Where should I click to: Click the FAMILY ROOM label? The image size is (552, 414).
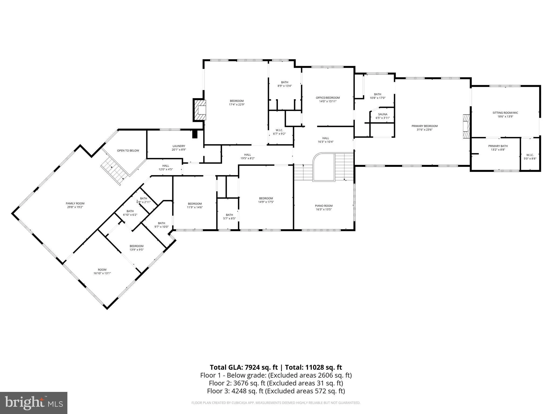[x=75, y=203]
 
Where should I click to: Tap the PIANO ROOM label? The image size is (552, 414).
[x=324, y=206]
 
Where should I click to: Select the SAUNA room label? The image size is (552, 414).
[x=382, y=114]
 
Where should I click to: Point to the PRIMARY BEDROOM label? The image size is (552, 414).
[x=425, y=126]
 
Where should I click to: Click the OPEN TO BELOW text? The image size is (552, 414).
[x=128, y=150]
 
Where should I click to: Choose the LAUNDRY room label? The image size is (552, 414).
[x=179, y=146]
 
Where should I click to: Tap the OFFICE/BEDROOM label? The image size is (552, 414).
[x=328, y=98]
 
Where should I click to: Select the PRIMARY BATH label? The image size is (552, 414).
[x=498, y=146]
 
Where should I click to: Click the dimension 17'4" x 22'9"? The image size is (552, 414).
[x=237, y=105]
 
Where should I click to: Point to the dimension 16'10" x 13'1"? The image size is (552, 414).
[x=102, y=273]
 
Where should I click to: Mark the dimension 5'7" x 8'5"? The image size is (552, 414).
[x=229, y=219]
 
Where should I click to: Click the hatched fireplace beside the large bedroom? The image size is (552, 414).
[x=200, y=110]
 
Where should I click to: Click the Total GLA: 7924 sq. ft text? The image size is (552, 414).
[x=244, y=367]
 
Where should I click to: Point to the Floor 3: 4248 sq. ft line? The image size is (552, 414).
[x=276, y=391]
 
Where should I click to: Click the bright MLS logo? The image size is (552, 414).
[x=34, y=403]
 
